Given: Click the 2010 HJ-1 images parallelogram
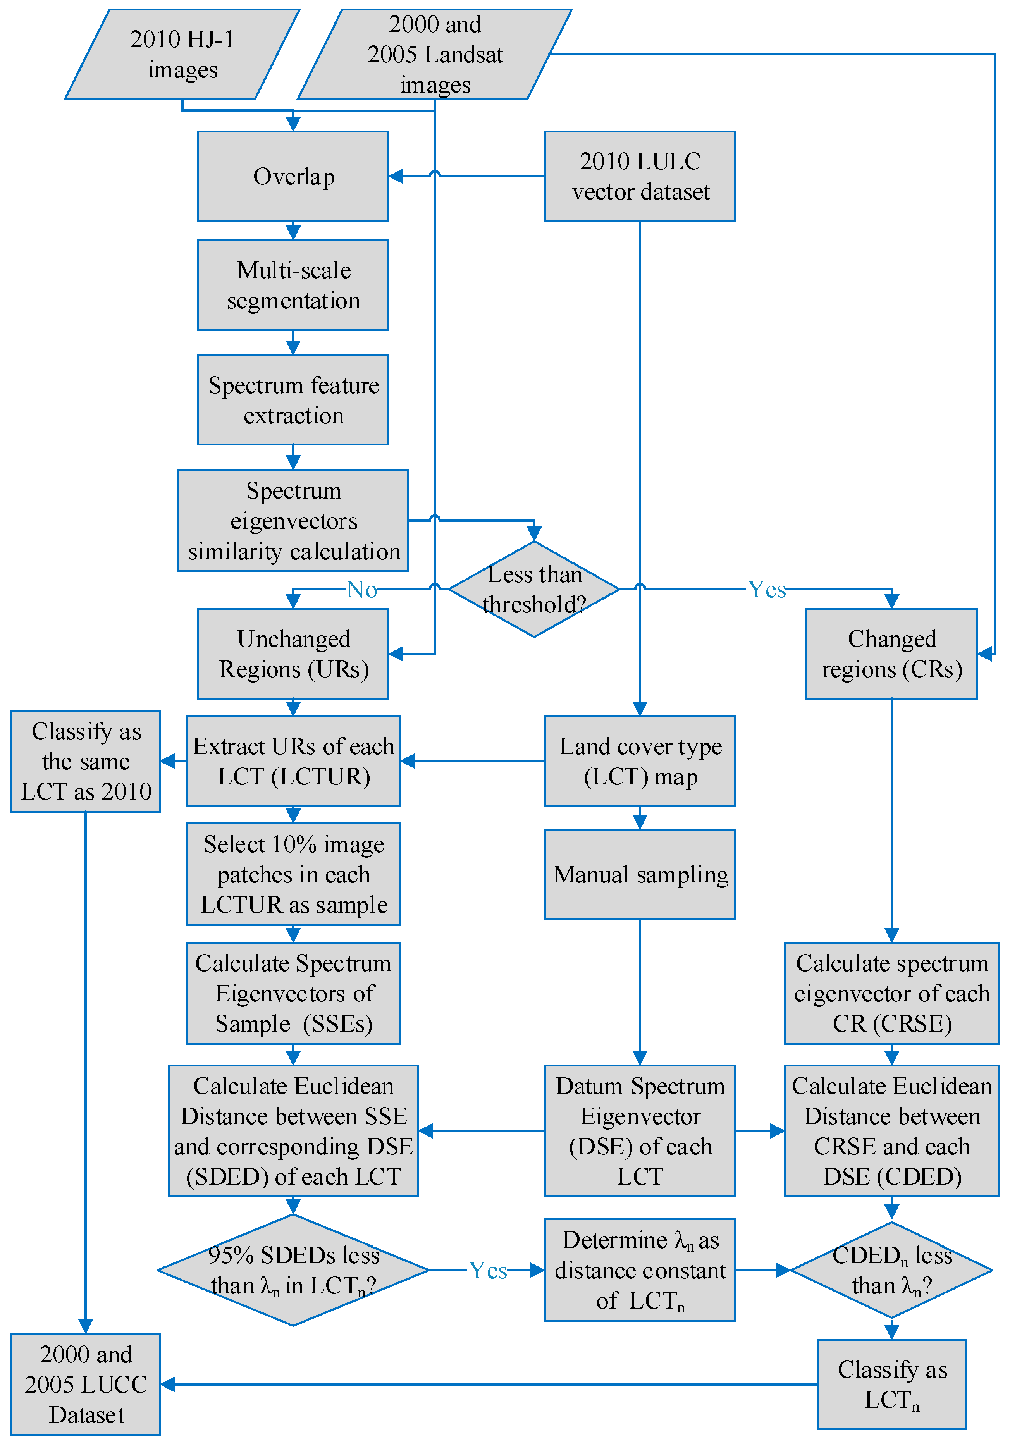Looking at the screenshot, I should pyautogui.click(x=182, y=54).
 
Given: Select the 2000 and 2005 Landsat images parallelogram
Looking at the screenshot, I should pyautogui.click(x=435, y=54).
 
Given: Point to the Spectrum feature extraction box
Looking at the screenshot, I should pyautogui.click(x=293, y=400).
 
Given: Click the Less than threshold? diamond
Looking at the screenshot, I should pyautogui.click(x=534, y=589).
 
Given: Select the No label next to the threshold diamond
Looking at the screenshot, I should pyautogui.click(x=362, y=589).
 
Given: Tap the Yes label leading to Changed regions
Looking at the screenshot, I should pyautogui.click(x=767, y=589).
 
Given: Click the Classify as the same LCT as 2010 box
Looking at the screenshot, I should pyautogui.click(x=86, y=761).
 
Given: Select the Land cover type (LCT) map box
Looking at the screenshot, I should pyautogui.click(x=640, y=761).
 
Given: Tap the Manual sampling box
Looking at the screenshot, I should pyautogui.click(x=640, y=874).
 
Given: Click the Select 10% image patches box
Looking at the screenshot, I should pyautogui.click(x=293, y=874).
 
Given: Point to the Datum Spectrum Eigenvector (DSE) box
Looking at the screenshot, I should pyautogui.click(x=640, y=1131).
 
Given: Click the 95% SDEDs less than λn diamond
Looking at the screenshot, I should pyautogui.click(x=293, y=1270).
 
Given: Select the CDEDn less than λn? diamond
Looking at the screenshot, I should pyautogui.click(x=891, y=1270).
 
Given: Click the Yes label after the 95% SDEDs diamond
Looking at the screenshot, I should pyautogui.click(x=488, y=1270).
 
